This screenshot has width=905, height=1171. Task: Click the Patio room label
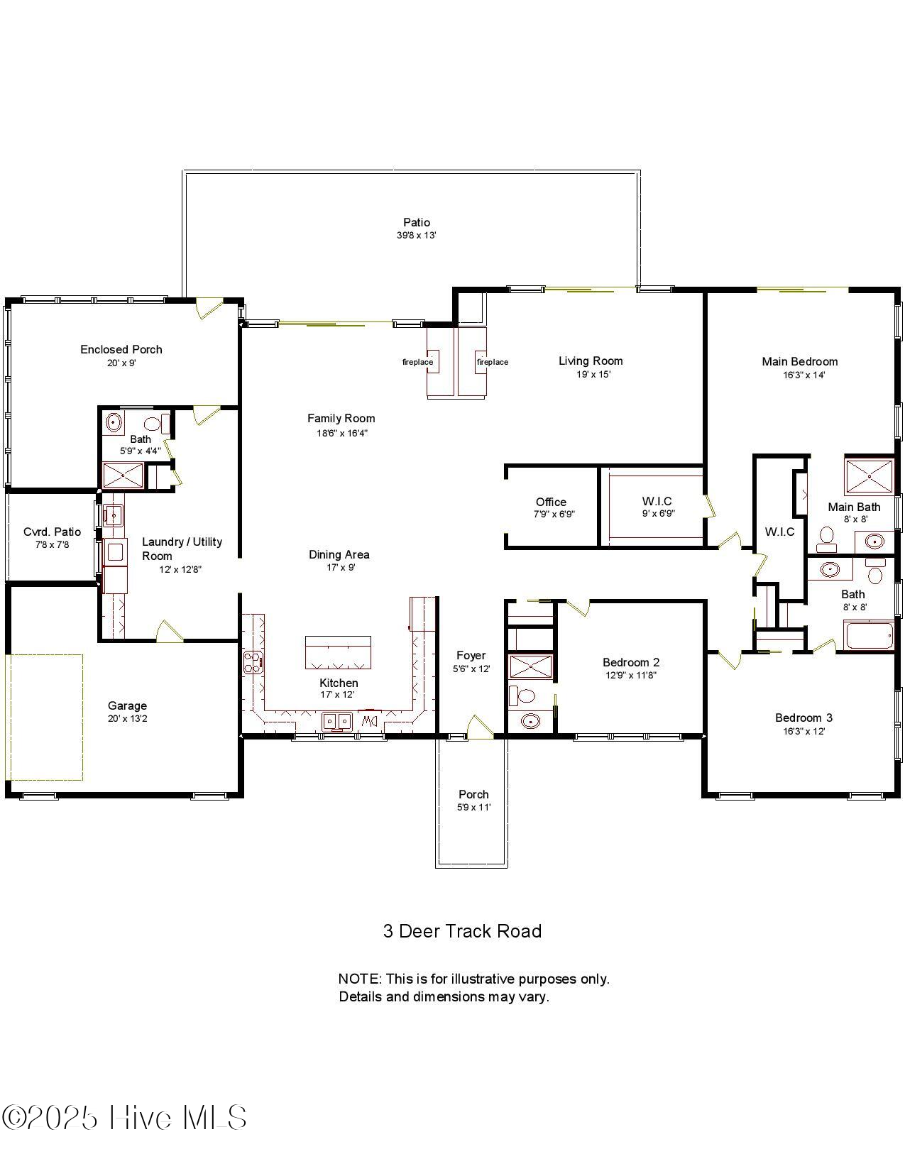pyautogui.click(x=417, y=222)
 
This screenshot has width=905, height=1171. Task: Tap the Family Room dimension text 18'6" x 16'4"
pyautogui.click(x=342, y=433)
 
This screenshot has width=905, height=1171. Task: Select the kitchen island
pyautogui.click(x=338, y=652)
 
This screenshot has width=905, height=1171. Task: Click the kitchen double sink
pyautogui.click(x=337, y=721)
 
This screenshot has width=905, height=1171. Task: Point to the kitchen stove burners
pyautogui.click(x=253, y=662)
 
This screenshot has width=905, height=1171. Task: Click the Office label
pyautogui.click(x=551, y=502)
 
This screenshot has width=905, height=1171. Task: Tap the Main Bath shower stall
pyautogui.click(x=870, y=475)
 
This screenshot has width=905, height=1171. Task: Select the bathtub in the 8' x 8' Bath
pyautogui.click(x=869, y=635)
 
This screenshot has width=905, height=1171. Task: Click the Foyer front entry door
pyautogui.click(x=478, y=727)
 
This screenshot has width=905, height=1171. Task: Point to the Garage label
pyautogui.click(x=127, y=705)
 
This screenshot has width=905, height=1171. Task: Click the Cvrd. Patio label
pyautogui.click(x=53, y=532)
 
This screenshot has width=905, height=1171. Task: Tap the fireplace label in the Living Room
pyautogui.click(x=492, y=362)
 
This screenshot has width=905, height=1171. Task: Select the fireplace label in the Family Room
pyautogui.click(x=418, y=362)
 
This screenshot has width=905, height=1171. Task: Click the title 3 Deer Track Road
pyautogui.click(x=462, y=930)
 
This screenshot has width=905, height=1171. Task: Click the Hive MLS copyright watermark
pyautogui.click(x=124, y=1118)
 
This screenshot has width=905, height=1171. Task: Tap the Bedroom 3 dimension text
pyautogui.click(x=803, y=731)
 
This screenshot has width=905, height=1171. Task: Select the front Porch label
pyautogui.click(x=473, y=794)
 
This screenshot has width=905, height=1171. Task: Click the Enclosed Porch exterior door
pyautogui.click(x=209, y=308)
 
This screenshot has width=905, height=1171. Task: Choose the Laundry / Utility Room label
pyautogui.click(x=182, y=549)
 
